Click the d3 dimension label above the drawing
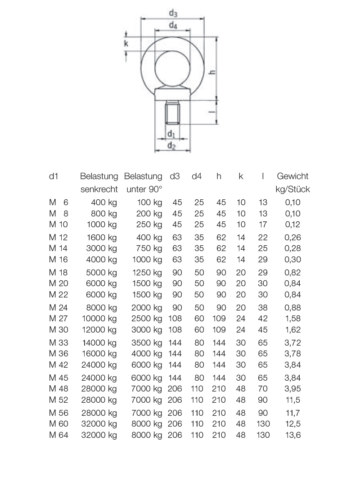coord(173,13)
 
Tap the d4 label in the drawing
coord(173,26)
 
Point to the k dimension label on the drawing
coord(126,43)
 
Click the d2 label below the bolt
coord(171,145)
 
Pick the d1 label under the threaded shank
coord(171,134)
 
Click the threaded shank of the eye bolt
coord(172,112)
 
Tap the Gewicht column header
coord(292,176)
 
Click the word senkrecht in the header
coord(99,189)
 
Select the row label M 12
coord(58,237)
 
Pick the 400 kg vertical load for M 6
coord(104,202)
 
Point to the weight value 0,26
coord(292,237)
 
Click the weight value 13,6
coord(292,435)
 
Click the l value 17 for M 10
coord(263,224)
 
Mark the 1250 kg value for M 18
coord(147,272)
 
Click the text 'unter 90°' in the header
coord(144,189)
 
